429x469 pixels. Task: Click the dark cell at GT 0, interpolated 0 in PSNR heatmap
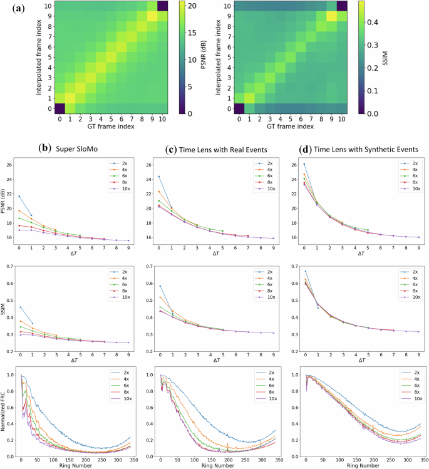(x=60, y=108)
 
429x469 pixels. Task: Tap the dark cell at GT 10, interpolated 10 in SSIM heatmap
(x=338, y=6)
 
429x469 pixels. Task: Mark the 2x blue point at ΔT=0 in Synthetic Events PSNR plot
(x=304, y=164)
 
